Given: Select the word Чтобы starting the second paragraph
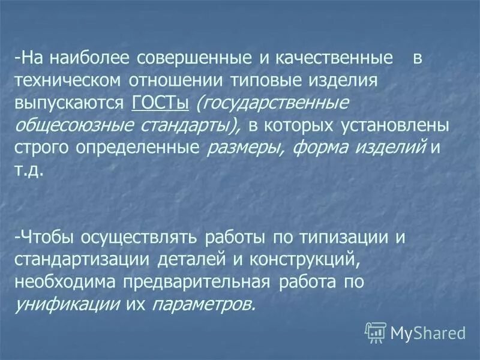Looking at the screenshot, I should [47, 236].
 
